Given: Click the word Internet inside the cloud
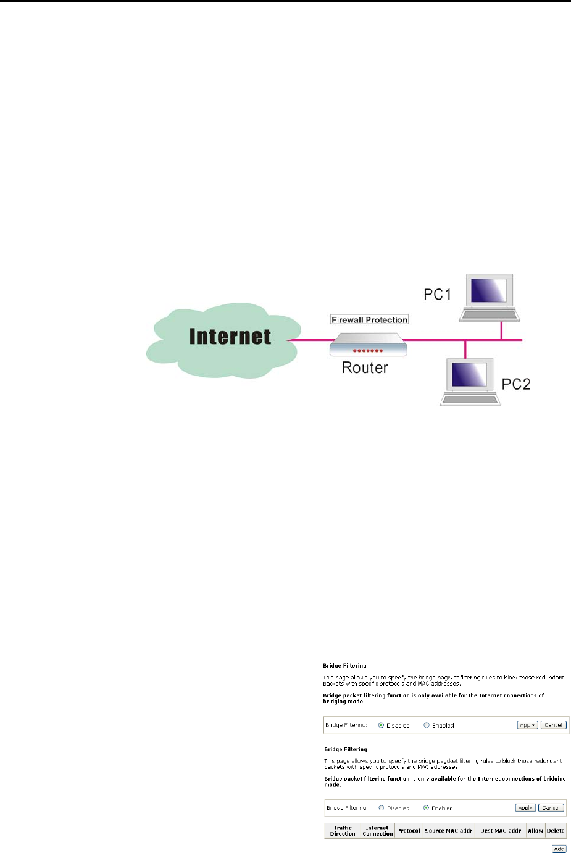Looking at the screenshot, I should pyautogui.click(x=230, y=337).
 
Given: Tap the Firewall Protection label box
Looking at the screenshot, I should pyautogui.click(x=369, y=320).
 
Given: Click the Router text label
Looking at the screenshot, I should pyautogui.click(x=365, y=368).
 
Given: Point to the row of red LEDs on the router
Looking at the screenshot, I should pyautogui.click(x=368, y=350).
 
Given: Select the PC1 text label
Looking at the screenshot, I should pyautogui.click(x=437, y=294).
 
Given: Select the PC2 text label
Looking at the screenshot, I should pyautogui.click(x=515, y=384).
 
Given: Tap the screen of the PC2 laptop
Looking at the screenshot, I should pyautogui.click(x=469, y=374).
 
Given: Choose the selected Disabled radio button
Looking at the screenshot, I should pyautogui.click(x=381, y=725).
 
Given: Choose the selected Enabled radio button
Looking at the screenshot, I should pyautogui.click(x=426, y=808).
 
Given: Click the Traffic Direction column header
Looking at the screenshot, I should pyautogui.click(x=343, y=831).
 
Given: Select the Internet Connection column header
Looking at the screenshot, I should pyautogui.click(x=377, y=831).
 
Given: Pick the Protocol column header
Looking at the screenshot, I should pyautogui.click(x=409, y=831).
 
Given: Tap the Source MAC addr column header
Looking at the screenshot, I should pyautogui.click(x=448, y=831).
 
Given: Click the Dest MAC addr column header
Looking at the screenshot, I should pyautogui.click(x=500, y=831).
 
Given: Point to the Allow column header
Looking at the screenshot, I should pyautogui.click(x=535, y=831).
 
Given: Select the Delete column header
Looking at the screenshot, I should pyautogui.click(x=556, y=831).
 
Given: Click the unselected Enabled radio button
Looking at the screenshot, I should pyautogui.click(x=427, y=725).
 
